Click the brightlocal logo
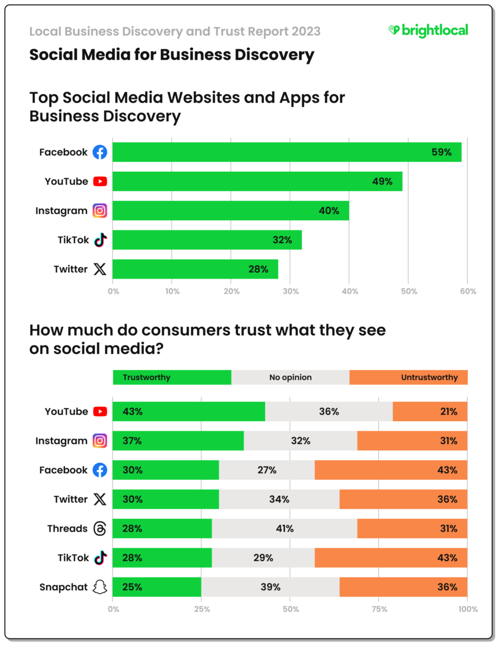click(x=428, y=30)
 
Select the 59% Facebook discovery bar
click(x=287, y=152)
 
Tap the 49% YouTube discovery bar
click(x=257, y=182)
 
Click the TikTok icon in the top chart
click(x=100, y=240)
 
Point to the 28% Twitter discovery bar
click(x=195, y=269)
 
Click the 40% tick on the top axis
click(x=349, y=291)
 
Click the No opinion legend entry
click(x=290, y=377)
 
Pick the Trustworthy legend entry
click(x=172, y=377)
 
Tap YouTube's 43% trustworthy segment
click(x=189, y=412)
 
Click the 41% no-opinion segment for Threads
click(x=284, y=529)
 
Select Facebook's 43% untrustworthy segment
click(x=391, y=470)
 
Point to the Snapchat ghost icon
click(x=100, y=587)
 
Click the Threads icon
click(x=100, y=529)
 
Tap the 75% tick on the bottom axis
click(x=379, y=609)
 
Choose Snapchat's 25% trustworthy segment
click(x=157, y=587)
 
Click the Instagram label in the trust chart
click(x=61, y=441)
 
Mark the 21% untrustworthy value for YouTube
click(x=448, y=412)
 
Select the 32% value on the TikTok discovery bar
click(x=282, y=240)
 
